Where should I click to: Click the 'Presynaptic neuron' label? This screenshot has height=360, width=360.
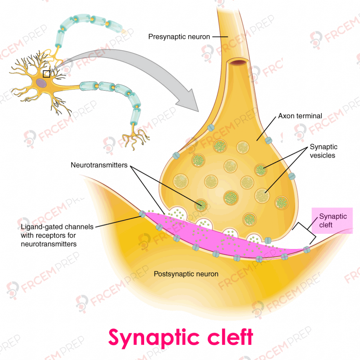(x=179, y=37)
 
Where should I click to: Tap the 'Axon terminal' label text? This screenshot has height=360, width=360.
(x=300, y=116)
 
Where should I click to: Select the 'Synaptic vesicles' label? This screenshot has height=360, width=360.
(x=323, y=151)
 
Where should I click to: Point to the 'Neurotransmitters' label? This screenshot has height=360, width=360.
(x=99, y=165)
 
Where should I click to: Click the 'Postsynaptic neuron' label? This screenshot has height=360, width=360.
(x=186, y=274)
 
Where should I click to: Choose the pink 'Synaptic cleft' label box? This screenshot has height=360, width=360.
(x=332, y=221)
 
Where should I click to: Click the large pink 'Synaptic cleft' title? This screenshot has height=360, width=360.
(x=181, y=338)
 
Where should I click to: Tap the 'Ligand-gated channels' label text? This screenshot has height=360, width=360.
(x=57, y=227)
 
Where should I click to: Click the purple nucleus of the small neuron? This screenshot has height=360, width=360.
(x=41, y=83)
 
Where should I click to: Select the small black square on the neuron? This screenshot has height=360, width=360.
(x=46, y=74)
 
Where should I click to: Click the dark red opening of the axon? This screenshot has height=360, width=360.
(x=239, y=62)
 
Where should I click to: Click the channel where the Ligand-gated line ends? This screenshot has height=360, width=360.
(x=142, y=214)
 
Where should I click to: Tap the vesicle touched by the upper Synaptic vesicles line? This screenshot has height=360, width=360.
(x=261, y=170)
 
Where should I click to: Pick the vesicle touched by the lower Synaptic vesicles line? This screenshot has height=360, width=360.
(x=262, y=195)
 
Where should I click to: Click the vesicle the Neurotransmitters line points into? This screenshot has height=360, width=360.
(x=201, y=205)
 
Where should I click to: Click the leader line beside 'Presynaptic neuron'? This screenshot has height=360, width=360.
(x=220, y=37)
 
